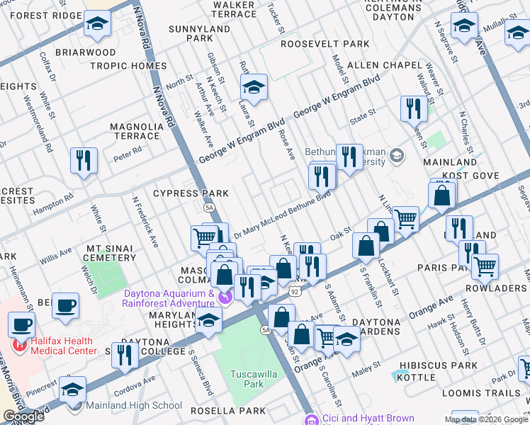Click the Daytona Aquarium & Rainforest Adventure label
170,299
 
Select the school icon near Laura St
253,88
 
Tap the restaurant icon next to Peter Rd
84,161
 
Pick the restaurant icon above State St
412,108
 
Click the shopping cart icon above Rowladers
485,267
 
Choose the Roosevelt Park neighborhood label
325,44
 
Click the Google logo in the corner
23,417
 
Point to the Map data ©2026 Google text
485,419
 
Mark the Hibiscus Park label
438,365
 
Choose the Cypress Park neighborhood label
191,193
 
